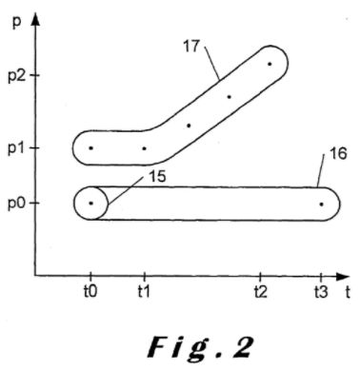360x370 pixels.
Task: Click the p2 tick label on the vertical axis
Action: point(17,76)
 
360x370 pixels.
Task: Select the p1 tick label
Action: point(17,149)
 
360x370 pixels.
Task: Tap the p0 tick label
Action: point(17,204)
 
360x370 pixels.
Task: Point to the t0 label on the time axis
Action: point(90,292)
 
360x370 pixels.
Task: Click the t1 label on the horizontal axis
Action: point(144,292)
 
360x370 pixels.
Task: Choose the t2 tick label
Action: point(261,292)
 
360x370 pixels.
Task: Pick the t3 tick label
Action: point(321,292)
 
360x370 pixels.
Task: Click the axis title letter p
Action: point(17,24)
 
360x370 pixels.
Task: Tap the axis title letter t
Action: point(348,292)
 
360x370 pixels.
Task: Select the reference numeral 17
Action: point(191,47)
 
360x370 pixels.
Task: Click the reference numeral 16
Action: point(338,154)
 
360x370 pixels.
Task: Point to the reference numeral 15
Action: point(157,177)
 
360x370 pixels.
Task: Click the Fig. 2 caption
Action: point(201,347)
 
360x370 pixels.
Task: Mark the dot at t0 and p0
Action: point(91,204)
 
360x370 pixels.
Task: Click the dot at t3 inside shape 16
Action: point(321,204)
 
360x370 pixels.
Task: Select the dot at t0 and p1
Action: point(91,148)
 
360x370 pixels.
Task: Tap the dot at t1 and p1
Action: point(144,148)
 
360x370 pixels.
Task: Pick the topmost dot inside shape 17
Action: point(270,64)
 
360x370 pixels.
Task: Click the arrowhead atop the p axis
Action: point(35,19)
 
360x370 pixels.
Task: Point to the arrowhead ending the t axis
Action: point(342,276)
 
